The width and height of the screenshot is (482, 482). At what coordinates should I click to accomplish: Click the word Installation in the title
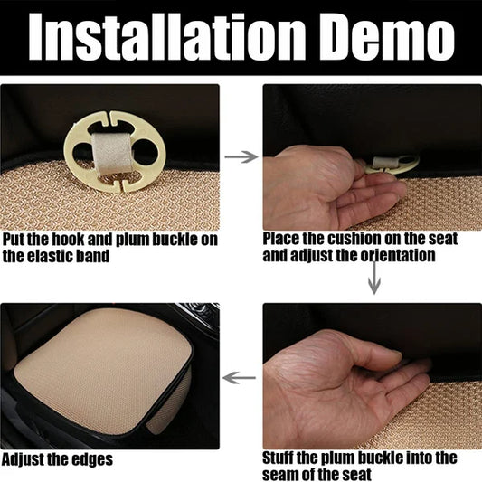click(167, 37)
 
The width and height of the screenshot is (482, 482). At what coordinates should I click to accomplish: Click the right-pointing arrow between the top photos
click(241, 156)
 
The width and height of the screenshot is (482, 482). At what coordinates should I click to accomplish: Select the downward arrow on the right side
click(374, 278)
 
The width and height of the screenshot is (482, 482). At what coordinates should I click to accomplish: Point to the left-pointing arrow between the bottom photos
click(239, 377)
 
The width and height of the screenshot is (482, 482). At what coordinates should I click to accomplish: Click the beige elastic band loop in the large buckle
click(112, 152)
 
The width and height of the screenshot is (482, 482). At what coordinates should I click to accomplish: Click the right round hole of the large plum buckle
click(145, 152)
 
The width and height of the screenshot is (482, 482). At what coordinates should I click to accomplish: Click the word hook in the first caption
click(68, 240)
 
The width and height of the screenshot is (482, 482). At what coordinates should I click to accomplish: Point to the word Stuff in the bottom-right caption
click(278, 458)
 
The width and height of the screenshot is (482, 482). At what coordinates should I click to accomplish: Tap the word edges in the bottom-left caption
click(92, 460)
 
